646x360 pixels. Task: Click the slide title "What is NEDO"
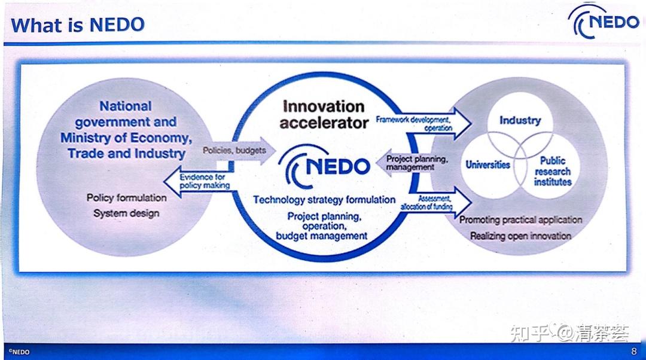[78, 25]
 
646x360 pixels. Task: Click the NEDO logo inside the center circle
[326, 165]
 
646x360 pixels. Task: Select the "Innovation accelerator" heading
[324, 115]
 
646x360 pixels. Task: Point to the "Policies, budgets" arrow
[236, 150]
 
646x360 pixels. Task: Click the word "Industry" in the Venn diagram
[520, 120]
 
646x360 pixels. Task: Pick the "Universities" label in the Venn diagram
[488, 164]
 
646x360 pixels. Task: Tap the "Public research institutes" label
[552, 171]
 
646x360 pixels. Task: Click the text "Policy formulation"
[126, 197]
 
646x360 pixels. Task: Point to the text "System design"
[126, 213]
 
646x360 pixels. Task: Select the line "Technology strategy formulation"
[324, 200]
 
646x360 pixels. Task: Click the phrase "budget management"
[322, 236]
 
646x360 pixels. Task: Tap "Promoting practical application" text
[520, 220]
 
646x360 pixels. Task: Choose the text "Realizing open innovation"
[520, 236]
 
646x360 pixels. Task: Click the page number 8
[634, 352]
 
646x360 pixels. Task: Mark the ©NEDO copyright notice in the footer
[19, 352]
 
